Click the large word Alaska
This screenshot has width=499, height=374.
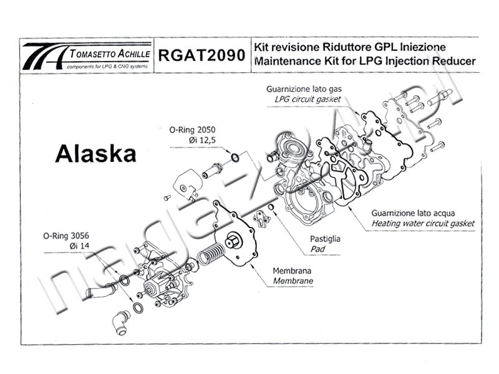pyautogui.click(x=95, y=153)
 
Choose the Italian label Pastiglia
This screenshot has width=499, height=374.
pyautogui.click(x=326, y=239)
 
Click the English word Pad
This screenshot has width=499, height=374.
pyautogui.click(x=317, y=249)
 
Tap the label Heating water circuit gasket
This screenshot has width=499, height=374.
pyautogui.click(x=423, y=223)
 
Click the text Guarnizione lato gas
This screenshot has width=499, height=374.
pyautogui.click(x=304, y=89)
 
